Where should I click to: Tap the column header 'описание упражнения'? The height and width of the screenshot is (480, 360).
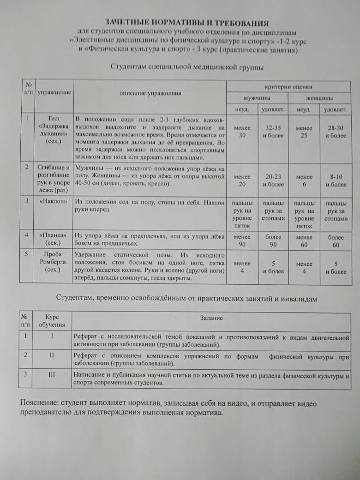click(150, 93)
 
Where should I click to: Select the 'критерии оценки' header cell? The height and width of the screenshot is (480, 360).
click(288, 86)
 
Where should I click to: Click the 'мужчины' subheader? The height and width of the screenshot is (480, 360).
click(257, 98)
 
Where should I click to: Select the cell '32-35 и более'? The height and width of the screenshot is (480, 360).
click(273, 131)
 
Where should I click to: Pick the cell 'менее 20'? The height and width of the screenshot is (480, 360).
click(242, 180)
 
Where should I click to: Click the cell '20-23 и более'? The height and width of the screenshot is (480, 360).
click(273, 180)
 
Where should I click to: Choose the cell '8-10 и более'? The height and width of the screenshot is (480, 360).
click(335, 180)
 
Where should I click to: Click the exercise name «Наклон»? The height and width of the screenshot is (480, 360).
click(54, 201)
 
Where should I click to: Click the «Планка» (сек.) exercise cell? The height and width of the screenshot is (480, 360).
click(54, 239)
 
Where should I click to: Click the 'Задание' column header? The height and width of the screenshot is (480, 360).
click(211, 318)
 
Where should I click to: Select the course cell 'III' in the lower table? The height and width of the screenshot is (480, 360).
click(52, 374)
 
